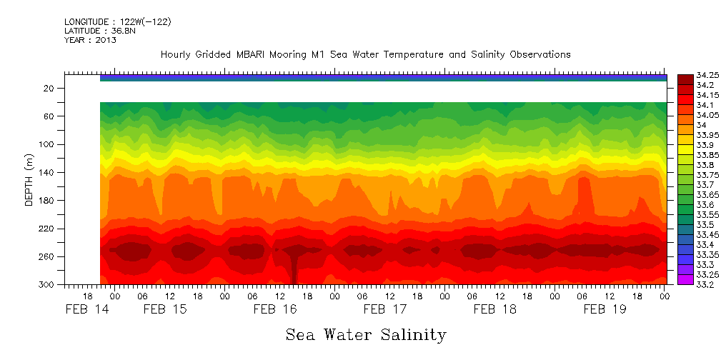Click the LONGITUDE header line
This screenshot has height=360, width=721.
[x=117, y=22]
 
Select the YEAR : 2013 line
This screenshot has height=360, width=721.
[x=90, y=40]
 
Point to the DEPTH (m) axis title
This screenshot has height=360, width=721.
[x=29, y=183]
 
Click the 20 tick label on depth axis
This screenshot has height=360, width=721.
[x=49, y=89]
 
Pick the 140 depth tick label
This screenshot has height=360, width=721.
[x=46, y=173]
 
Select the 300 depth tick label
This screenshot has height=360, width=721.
[x=46, y=285]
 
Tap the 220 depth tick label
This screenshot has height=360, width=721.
[x=46, y=229]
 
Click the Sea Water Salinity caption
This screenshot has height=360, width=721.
[x=366, y=334]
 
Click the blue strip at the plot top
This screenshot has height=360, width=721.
[x=383, y=77]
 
